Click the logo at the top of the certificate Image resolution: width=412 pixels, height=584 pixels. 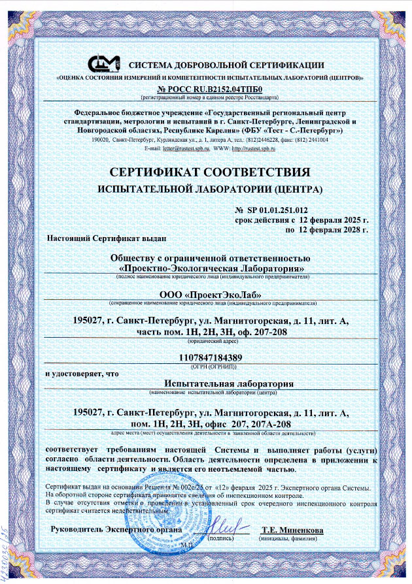[105, 63]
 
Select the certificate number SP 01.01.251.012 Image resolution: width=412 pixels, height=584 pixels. [275, 210]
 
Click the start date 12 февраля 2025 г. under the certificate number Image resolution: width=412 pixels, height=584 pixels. [334, 220]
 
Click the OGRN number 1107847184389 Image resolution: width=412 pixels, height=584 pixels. [210, 357]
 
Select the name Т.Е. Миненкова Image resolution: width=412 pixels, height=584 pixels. [292, 530]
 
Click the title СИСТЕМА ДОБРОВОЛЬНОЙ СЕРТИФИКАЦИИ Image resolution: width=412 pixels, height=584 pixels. [226, 64]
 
